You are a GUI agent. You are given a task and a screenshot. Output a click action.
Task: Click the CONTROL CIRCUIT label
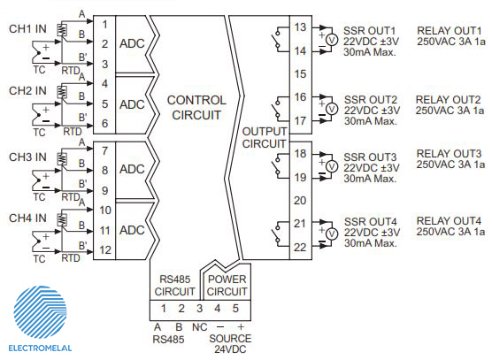[196, 108]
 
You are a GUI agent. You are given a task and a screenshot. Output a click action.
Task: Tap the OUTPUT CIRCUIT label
[265, 138]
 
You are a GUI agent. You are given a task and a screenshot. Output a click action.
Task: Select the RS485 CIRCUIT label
[175, 286]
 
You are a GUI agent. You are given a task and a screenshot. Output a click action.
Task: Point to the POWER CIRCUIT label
[227, 286]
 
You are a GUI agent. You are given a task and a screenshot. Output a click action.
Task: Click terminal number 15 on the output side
[300, 74]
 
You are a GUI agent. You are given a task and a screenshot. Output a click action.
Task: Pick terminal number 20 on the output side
[300, 201]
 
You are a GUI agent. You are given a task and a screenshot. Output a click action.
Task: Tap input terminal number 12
[105, 250]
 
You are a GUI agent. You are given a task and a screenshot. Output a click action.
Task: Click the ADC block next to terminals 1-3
[132, 43]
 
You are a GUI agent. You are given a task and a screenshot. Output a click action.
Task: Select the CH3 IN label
[27, 157]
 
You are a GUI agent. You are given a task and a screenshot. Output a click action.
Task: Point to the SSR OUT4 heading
[371, 222]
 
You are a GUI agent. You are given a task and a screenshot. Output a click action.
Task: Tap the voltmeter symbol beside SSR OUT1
[331, 40]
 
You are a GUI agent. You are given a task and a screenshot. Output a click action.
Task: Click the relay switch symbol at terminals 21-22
[277, 233]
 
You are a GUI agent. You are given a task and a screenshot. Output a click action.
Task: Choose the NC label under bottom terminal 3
[200, 327]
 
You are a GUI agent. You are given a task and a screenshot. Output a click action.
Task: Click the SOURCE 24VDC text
[230, 344]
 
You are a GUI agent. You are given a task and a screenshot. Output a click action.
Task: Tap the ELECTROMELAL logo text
[40, 349]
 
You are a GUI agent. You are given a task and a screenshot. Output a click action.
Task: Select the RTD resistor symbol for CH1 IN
[62, 30]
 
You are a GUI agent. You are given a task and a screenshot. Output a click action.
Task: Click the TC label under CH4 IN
[39, 258]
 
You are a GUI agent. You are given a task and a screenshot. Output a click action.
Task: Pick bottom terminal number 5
[235, 309]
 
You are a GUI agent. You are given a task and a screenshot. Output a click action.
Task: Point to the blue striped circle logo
[40, 312]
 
